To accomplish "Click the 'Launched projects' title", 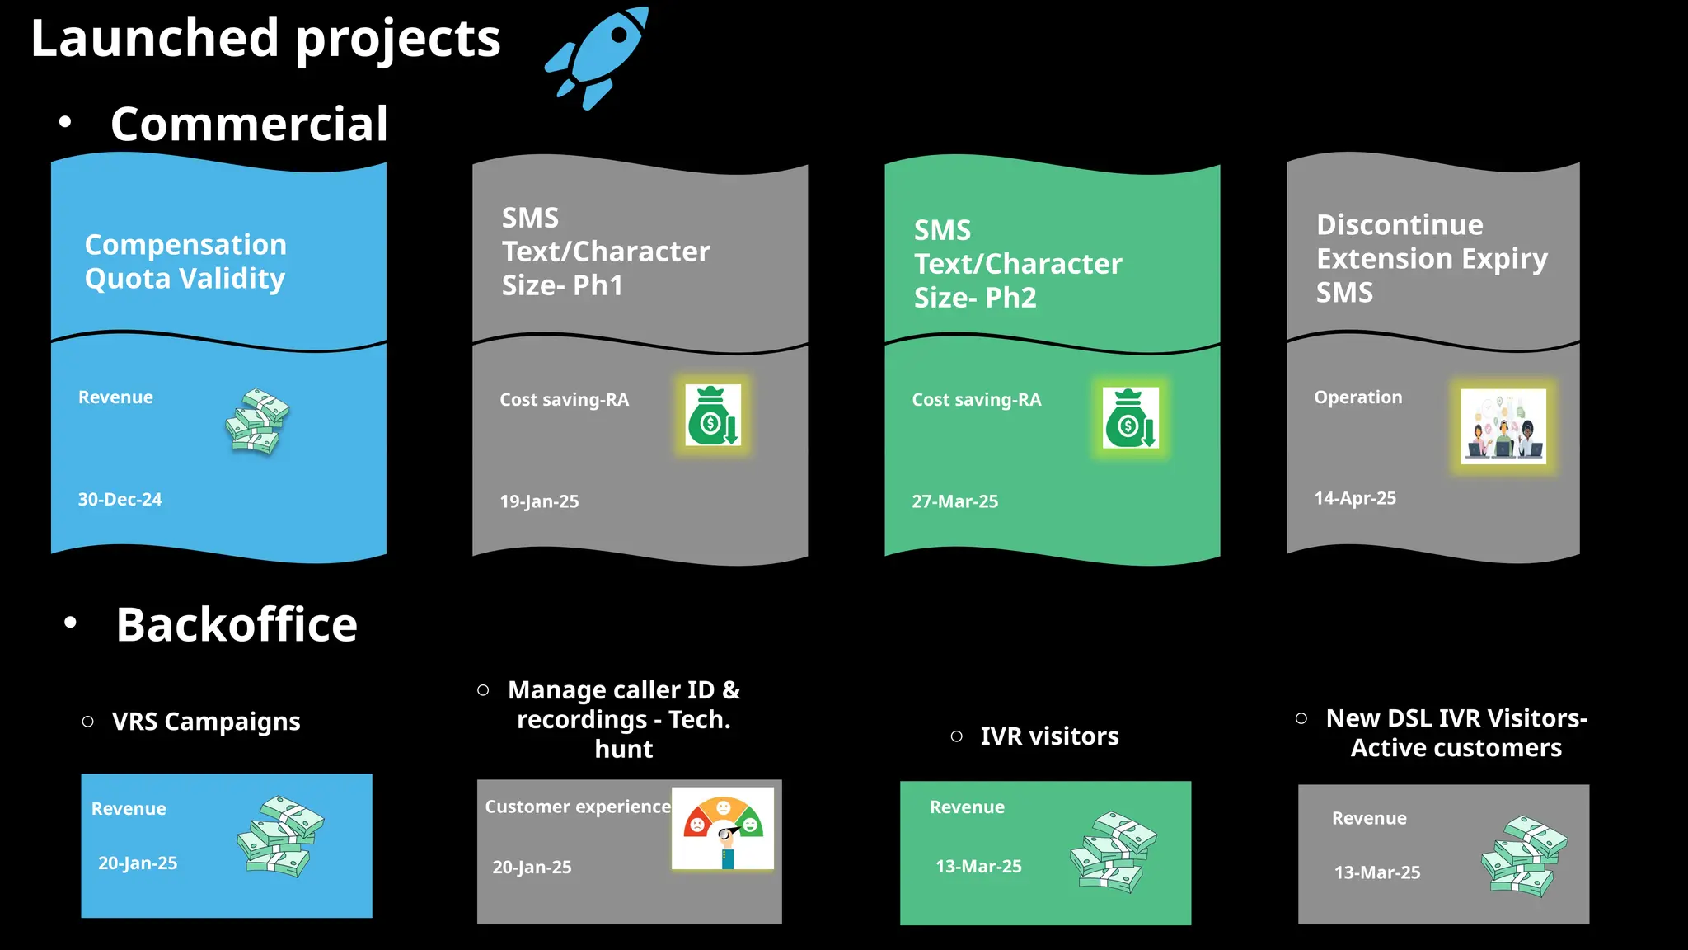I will [265, 39].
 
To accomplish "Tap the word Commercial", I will [249, 125].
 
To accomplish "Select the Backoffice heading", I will [237, 625].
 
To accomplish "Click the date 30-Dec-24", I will [120, 500].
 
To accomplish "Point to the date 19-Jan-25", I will [539, 501].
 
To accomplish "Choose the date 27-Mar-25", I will [954, 501].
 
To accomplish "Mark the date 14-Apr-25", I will [1355, 498].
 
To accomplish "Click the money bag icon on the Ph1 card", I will [713, 416].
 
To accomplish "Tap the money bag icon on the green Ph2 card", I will [1130, 418].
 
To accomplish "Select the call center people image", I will [1503, 426].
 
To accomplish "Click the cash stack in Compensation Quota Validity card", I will [258, 421].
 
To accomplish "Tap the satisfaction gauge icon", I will [723, 828].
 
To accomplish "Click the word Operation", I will [1357, 397].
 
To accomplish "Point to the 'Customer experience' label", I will [577, 807].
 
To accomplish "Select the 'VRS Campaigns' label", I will [206, 722].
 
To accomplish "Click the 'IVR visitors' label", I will [1048, 736].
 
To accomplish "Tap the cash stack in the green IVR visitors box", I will [1114, 852].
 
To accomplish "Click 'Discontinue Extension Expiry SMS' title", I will [1431, 258].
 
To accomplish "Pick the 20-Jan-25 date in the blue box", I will [138, 863].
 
